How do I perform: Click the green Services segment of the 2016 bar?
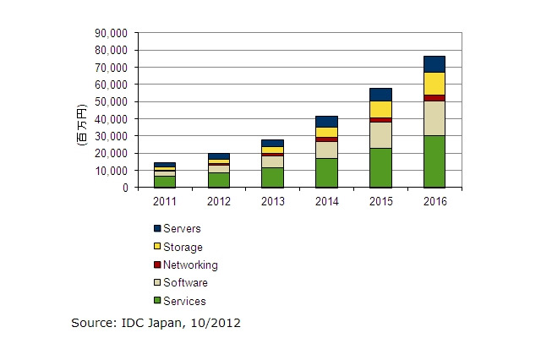coord(434,161)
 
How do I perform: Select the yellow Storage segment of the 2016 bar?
coord(434,84)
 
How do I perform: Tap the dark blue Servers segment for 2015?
coord(380,95)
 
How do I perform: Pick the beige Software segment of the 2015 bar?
coord(380,135)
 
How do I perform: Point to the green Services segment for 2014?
coord(327,172)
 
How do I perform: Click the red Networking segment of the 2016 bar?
coord(434,98)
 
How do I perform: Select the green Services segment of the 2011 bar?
coord(165,182)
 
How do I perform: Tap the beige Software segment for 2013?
coord(272,161)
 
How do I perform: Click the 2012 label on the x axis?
coord(219,200)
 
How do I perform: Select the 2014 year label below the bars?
coord(327,200)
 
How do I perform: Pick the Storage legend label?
coord(183,248)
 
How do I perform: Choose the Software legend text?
coord(186,283)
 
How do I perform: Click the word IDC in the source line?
coord(139,324)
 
